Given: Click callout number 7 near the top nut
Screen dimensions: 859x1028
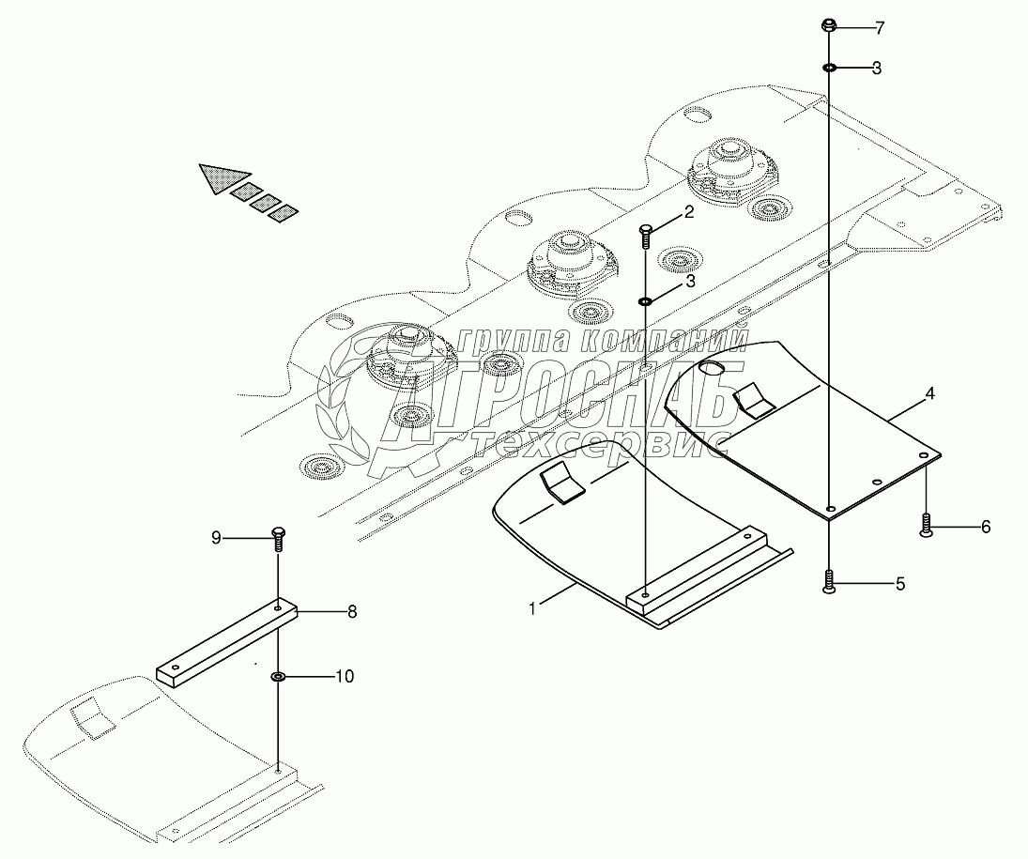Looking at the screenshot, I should (x=879, y=28).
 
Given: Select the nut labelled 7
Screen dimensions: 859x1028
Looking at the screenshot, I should (x=830, y=25).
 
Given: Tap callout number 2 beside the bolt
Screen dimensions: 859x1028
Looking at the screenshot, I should (x=688, y=212).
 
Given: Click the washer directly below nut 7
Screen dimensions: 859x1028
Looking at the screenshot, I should (x=830, y=68).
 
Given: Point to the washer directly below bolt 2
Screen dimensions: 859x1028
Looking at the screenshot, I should (x=646, y=301).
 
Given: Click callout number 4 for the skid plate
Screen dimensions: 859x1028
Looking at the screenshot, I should (x=929, y=394).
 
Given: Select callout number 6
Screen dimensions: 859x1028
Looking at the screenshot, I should (x=986, y=527).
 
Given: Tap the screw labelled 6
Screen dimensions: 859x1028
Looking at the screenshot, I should (x=927, y=526).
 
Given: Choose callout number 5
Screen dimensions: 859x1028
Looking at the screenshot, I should (x=899, y=584).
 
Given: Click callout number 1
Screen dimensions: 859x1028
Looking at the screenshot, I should (x=532, y=608).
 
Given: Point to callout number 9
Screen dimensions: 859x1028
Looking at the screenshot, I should (x=216, y=538).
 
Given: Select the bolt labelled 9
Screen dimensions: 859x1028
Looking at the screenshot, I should (x=279, y=539).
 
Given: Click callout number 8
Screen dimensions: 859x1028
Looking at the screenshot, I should (x=352, y=612).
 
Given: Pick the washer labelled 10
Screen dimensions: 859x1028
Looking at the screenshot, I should (x=279, y=676).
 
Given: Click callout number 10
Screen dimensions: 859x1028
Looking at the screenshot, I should (x=345, y=676).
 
